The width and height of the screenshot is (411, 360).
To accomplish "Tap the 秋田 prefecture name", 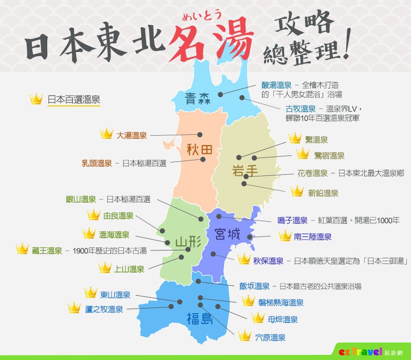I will (199, 150).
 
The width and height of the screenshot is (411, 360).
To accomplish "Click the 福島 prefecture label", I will (200, 318).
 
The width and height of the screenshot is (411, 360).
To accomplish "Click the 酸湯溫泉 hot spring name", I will (276, 85).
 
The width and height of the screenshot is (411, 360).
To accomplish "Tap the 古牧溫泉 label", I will (301, 109).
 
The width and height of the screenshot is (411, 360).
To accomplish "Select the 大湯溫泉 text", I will (132, 135).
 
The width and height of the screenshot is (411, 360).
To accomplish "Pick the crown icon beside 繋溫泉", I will (295, 138).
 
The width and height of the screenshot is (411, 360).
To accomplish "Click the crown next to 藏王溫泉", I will (22, 249).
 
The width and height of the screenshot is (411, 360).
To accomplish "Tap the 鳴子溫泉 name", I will (292, 221).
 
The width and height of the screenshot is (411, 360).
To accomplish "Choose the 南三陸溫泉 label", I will (312, 237).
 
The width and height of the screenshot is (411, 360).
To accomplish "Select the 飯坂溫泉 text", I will (254, 286).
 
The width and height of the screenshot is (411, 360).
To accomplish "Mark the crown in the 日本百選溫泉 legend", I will (35, 99).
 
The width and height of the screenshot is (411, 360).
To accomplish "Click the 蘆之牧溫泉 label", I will (104, 309).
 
